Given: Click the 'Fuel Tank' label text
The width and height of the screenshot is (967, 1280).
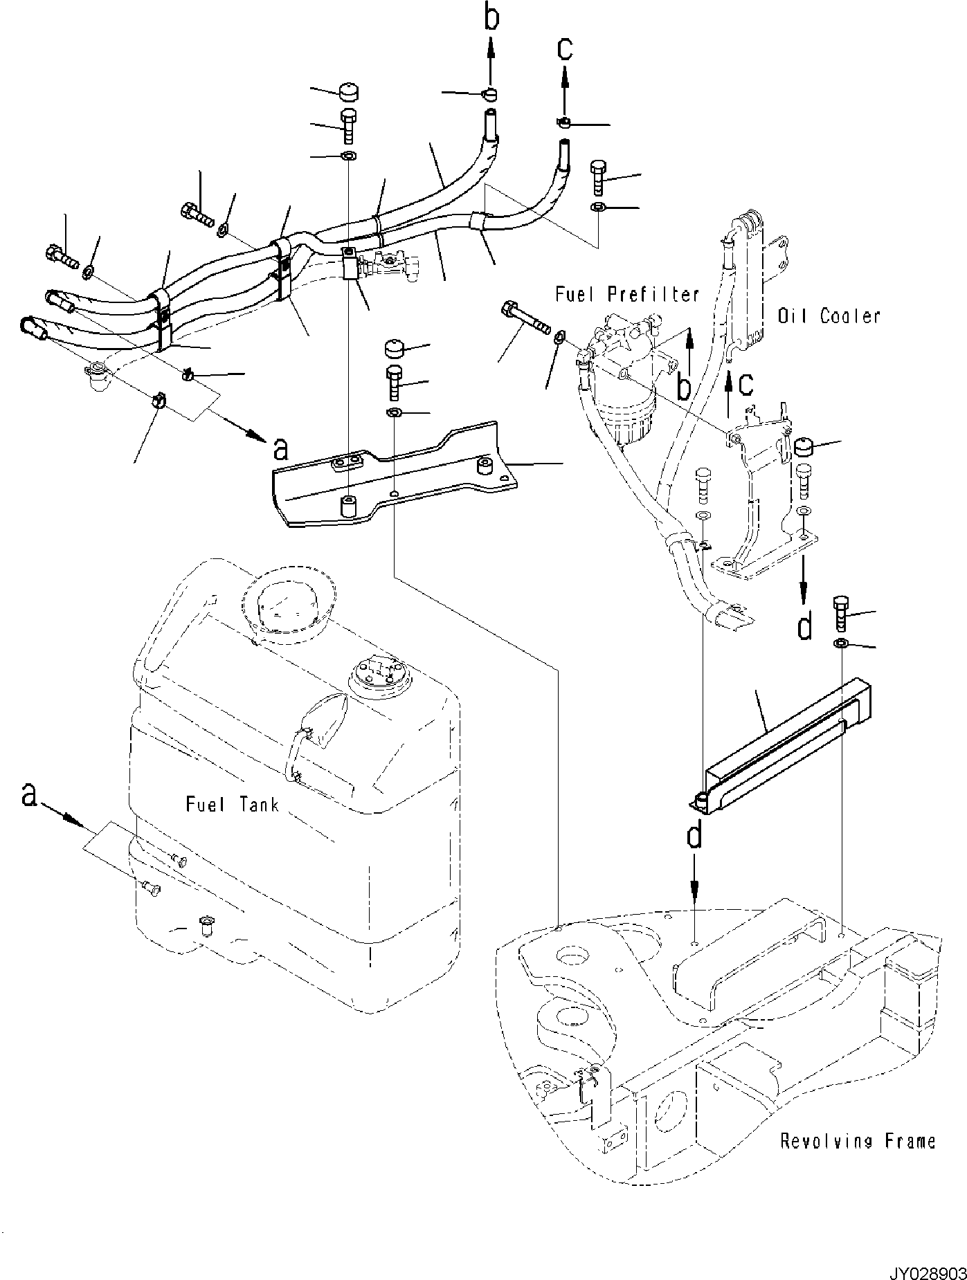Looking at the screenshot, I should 232,805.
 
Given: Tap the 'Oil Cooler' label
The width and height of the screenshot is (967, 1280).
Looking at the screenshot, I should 829,316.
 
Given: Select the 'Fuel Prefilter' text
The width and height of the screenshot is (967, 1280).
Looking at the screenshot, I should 627,295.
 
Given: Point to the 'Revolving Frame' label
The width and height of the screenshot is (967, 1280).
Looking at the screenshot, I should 858,1141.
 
